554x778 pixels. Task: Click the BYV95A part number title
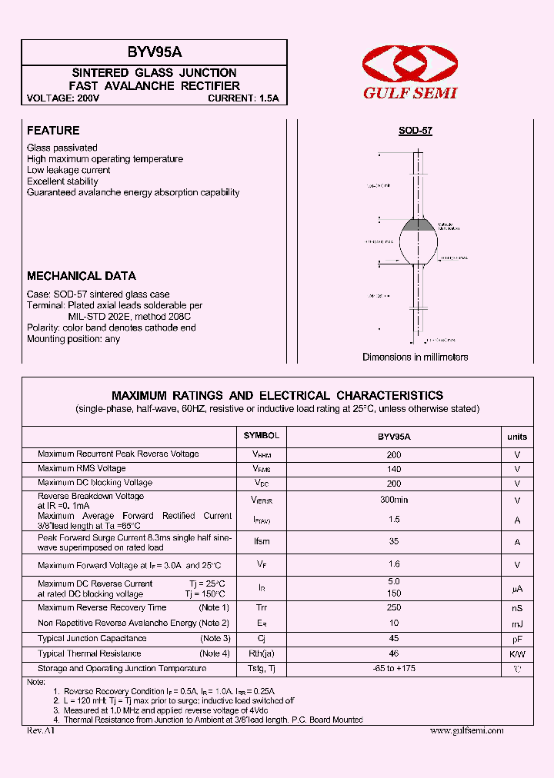pyautogui.click(x=155, y=52)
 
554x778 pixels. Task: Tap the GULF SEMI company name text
pyautogui.click(x=410, y=93)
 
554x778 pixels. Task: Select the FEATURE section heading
pyautogui.click(x=53, y=131)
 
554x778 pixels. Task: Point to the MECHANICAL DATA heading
pyautogui.click(x=82, y=276)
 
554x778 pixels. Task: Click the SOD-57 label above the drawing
pyautogui.click(x=415, y=131)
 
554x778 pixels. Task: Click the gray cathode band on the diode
pyautogui.click(x=419, y=225)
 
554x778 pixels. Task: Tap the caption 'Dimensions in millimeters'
pyautogui.click(x=415, y=357)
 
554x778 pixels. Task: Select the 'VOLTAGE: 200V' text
pyautogui.click(x=63, y=98)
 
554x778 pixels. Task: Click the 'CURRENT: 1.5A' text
pyautogui.click(x=243, y=98)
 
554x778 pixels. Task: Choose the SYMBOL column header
pyautogui.click(x=262, y=436)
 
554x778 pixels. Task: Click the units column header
pyautogui.click(x=517, y=437)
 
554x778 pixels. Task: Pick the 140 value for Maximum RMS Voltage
pyautogui.click(x=394, y=469)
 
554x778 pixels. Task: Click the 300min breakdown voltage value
pyautogui.click(x=394, y=500)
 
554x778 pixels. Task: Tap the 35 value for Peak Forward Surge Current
pyautogui.click(x=394, y=541)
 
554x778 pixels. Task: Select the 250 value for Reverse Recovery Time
pyautogui.click(x=394, y=608)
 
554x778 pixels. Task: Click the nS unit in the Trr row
pyautogui.click(x=517, y=608)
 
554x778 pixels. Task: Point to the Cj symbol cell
pyautogui.click(x=262, y=639)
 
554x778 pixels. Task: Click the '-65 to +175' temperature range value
pyautogui.click(x=394, y=669)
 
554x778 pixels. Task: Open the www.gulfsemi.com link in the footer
pyautogui.click(x=466, y=730)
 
